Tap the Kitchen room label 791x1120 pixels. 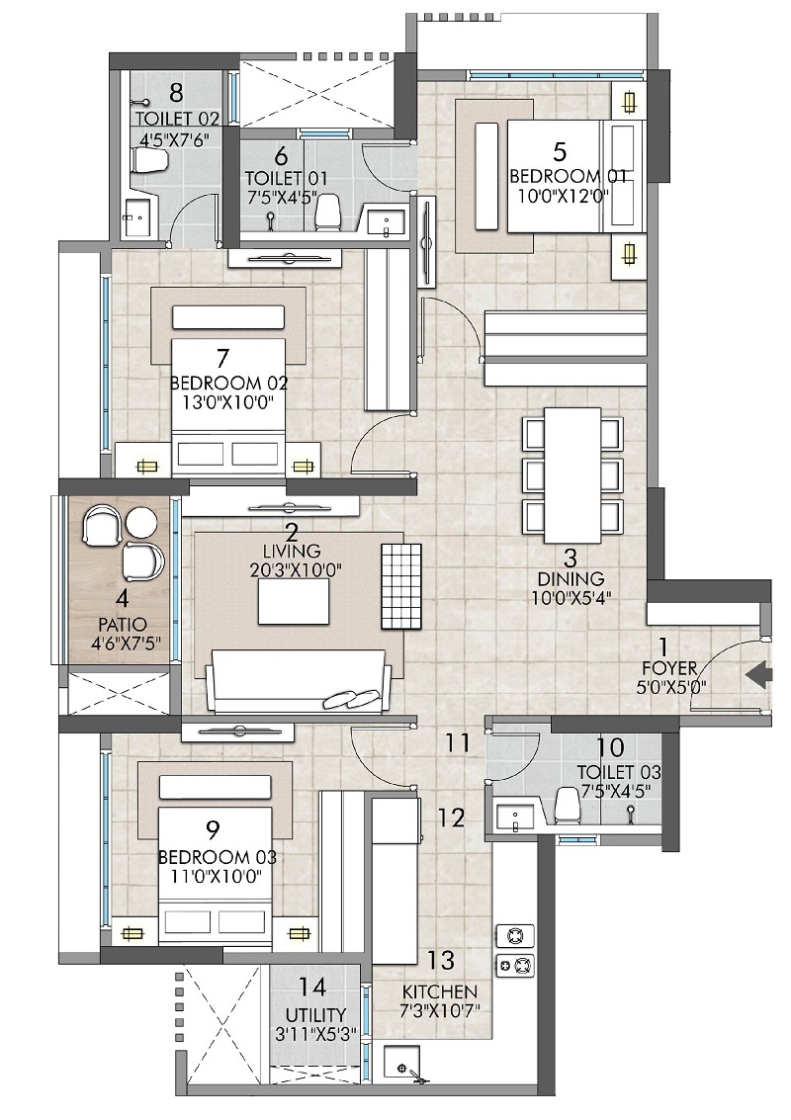pos(440,991)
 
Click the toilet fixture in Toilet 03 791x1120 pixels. pos(568,805)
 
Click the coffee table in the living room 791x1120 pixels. pos(294,602)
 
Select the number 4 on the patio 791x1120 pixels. pos(123,599)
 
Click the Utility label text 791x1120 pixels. pos(316,1015)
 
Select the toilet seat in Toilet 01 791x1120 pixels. pos(331,210)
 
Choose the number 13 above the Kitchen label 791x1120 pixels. pos(441,960)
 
